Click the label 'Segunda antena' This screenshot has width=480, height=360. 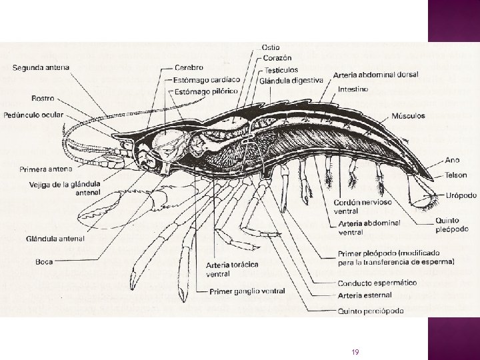pyautogui.click(x=41, y=67)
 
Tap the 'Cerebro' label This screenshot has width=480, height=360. pyautogui.click(x=189, y=67)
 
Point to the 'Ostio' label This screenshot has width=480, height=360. pyautogui.click(x=271, y=47)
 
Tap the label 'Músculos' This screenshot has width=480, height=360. pyautogui.click(x=409, y=115)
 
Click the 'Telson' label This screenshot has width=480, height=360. pyautogui.click(x=457, y=176)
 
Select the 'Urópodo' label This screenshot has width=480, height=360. pyautogui.click(x=461, y=195)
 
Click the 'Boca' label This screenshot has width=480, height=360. pyautogui.click(x=44, y=261)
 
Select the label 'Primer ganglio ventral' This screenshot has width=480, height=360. pyautogui.click(x=247, y=291)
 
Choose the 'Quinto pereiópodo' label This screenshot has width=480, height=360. pyautogui.click(x=371, y=310)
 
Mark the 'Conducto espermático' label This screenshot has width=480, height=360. pyautogui.click(x=377, y=283)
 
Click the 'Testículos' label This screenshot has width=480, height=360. pyautogui.click(x=281, y=69)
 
